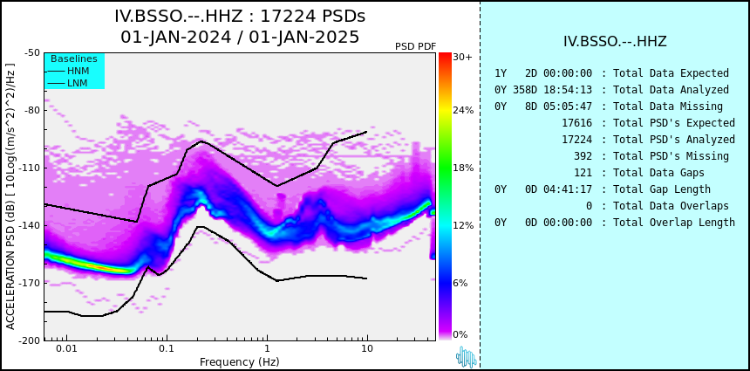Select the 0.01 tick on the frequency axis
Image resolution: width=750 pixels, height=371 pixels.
(x=67, y=347)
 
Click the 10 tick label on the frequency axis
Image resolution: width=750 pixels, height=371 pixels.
(x=367, y=347)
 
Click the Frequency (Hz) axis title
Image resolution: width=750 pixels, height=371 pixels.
(x=239, y=361)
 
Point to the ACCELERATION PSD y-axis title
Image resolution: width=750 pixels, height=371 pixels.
(x=10, y=196)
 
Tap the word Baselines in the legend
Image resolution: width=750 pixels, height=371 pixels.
(x=74, y=58)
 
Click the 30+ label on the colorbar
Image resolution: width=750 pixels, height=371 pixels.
(x=462, y=57)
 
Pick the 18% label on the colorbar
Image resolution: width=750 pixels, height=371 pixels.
(x=463, y=168)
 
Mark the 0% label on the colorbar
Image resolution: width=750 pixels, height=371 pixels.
(x=460, y=334)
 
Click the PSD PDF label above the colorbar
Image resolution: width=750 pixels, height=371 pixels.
(x=416, y=46)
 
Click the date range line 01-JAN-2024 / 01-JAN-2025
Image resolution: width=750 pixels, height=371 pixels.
(x=240, y=37)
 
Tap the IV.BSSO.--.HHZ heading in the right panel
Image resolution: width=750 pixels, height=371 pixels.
(x=615, y=42)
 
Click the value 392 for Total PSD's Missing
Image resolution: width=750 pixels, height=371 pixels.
(x=583, y=156)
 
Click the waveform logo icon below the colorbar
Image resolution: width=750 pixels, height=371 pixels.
(x=466, y=357)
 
